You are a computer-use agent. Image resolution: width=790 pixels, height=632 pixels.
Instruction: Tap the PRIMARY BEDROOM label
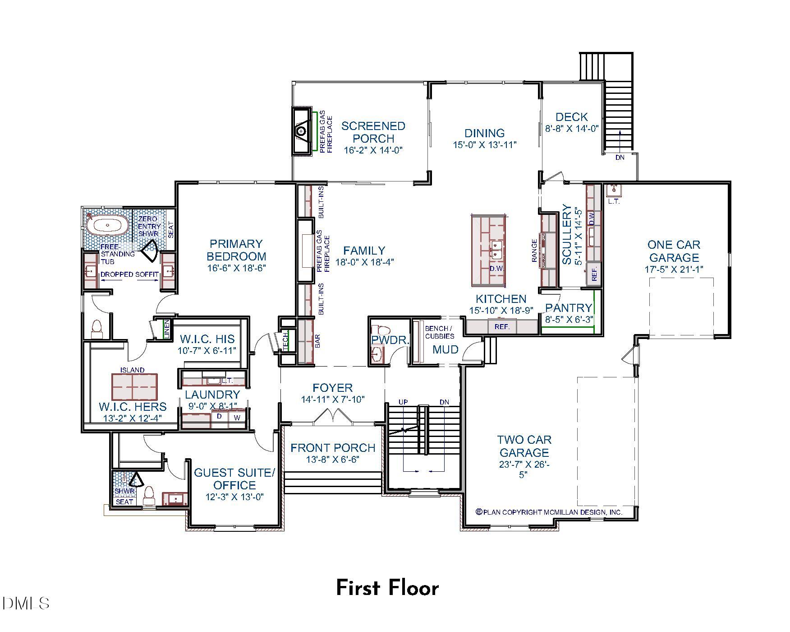pos(236,250)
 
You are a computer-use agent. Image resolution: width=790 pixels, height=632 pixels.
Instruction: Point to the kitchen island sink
pos(496,250)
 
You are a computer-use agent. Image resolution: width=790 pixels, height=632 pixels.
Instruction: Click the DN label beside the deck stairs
pos(620,158)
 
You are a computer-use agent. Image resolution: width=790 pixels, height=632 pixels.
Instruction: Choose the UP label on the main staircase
pos(403,402)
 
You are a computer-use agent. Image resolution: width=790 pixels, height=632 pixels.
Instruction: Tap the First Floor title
pos(387,588)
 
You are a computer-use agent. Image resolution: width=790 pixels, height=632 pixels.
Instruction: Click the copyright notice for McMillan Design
pos(549,512)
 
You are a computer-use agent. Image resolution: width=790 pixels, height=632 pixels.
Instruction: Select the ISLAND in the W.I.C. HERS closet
pos(134,387)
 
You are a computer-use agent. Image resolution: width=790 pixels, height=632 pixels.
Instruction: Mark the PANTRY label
pos(568,308)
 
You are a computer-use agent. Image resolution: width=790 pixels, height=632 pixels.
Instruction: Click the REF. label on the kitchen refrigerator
pos(502,326)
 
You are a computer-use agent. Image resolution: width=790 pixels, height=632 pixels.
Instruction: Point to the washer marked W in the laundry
pos(237,418)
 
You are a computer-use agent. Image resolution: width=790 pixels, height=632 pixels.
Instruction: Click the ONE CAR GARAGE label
pos(674,251)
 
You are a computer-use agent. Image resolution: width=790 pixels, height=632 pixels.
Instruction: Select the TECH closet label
pos(286,342)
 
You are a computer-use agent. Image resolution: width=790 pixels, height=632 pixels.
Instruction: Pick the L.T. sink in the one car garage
pos(614,191)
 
